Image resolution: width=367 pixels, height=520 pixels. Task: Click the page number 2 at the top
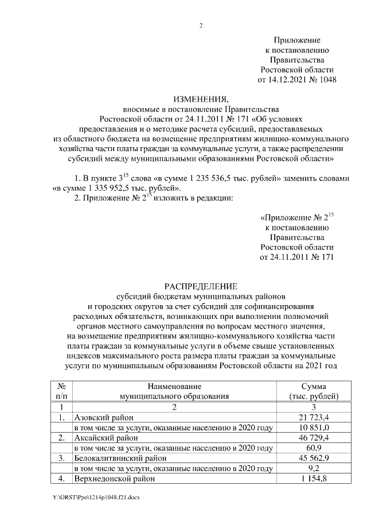201,25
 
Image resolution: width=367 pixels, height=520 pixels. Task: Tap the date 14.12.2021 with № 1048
296,80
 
